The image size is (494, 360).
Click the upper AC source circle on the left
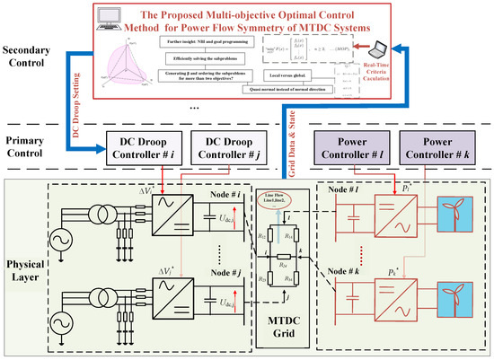tap(41, 241)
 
